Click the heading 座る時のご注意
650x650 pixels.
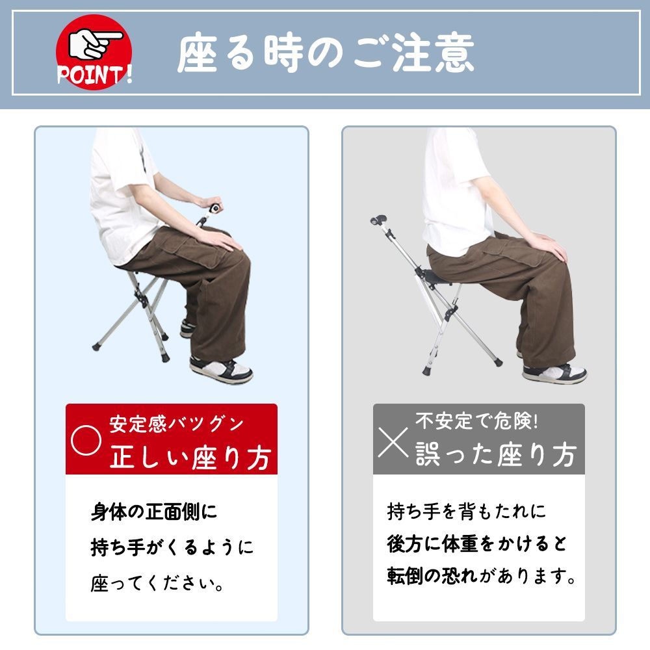[325, 53]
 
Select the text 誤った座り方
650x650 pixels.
[496, 456]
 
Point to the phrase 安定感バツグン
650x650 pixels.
[177, 424]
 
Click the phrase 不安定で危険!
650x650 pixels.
[476, 422]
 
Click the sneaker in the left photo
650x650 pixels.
[221, 370]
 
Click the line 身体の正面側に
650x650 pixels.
[153, 512]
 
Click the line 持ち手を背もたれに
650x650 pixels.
[467, 512]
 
